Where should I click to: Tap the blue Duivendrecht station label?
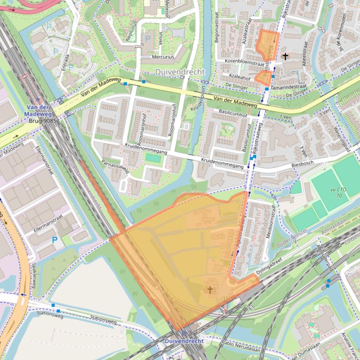[184, 341]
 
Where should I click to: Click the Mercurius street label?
[163, 57]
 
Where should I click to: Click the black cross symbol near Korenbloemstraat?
[285, 56]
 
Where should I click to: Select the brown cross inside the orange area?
[210, 290]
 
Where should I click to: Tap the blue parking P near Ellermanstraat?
[55, 240]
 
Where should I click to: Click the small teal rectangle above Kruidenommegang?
[153, 158]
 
